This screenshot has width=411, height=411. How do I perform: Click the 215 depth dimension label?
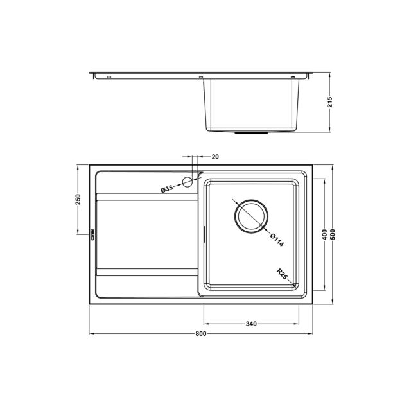(x=330, y=102)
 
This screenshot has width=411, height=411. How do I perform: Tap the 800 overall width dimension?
(x=201, y=334)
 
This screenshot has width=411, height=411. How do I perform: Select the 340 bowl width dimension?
(x=251, y=324)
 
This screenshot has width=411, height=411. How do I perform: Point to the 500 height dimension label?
(x=333, y=234)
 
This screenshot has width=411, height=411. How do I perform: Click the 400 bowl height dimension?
(x=324, y=234)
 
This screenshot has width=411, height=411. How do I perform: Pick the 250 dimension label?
(x=78, y=200)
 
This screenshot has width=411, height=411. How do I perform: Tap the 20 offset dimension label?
(x=215, y=157)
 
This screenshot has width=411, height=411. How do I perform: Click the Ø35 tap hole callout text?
(x=167, y=189)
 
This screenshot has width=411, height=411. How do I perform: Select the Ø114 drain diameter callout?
(x=277, y=240)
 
